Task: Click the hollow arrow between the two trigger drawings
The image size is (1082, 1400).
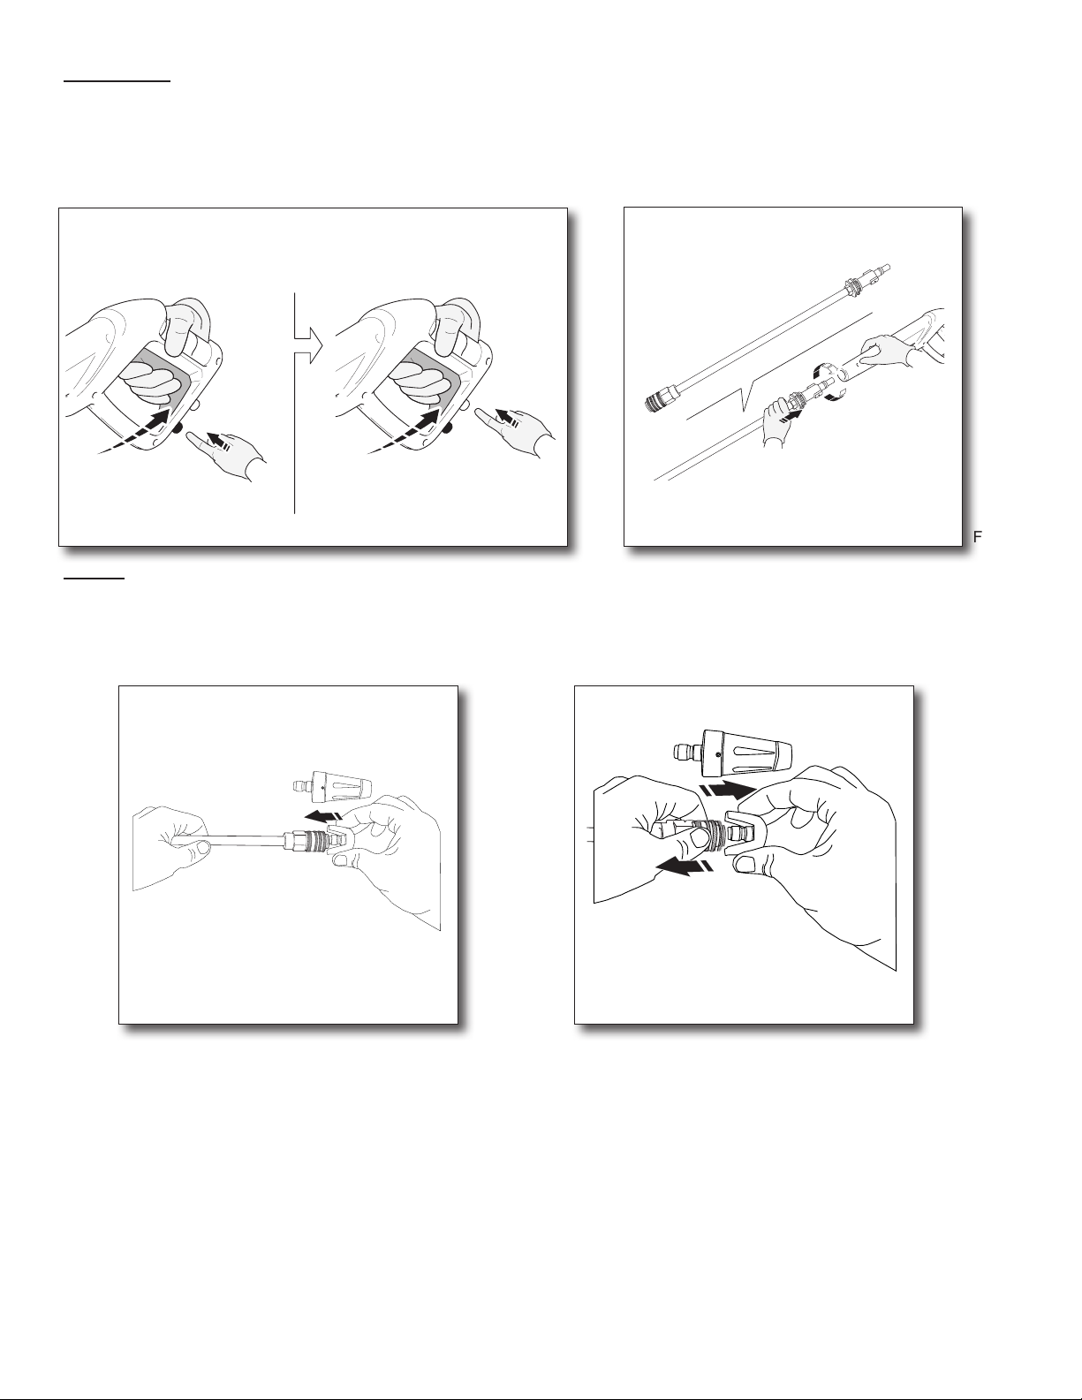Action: pyautogui.click(x=308, y=345)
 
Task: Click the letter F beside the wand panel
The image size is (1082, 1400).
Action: pyautogui.click(x=977, y=537)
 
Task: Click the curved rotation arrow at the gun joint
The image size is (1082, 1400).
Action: pyautogui.click(x=826, y=383)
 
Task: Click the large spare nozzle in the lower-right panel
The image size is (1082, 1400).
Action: pyautogui.click(x=732, y=753)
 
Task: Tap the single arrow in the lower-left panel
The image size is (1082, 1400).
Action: pyautogui.click(x=323, y=815)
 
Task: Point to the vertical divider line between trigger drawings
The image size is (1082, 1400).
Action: pyautogui.click(x=294, y=404)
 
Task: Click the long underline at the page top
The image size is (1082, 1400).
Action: pyautogui.click(x=117, y=82)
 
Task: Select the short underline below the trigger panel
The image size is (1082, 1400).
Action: pyautogui.click(x=94, y=579)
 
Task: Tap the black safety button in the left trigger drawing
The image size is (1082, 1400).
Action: pyautogui.click(x=178, y=428)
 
